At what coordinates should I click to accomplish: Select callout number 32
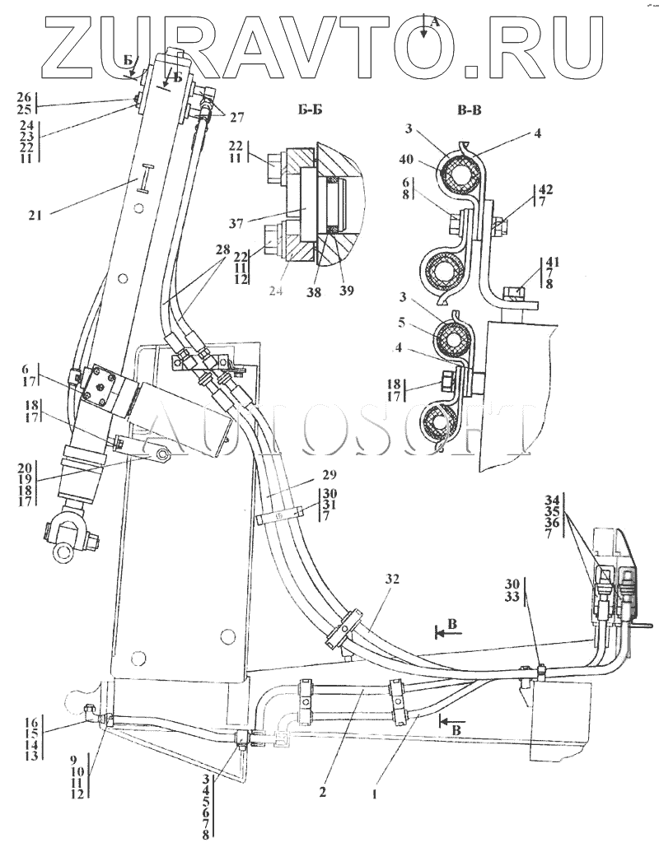click(x=391, y=580)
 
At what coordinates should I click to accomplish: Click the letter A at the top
click(x=436, y=23)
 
